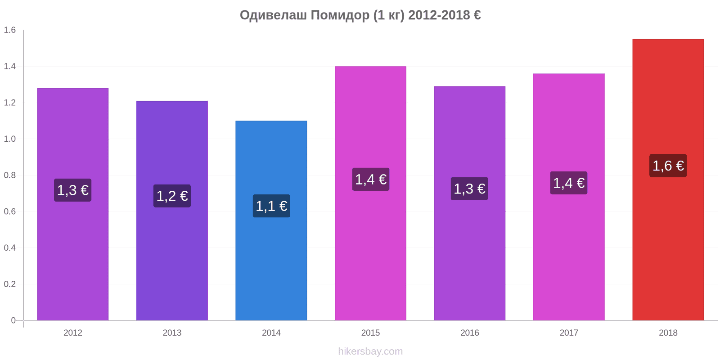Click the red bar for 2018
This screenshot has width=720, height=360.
(x=668, y=180)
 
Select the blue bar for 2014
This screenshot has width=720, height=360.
(x=271, y=220)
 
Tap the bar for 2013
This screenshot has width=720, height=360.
(x=172, y=211)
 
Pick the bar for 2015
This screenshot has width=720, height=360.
(x=370, y=193)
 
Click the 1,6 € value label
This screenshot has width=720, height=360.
(x=668, y=166)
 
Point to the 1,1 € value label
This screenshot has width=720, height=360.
(x=271, y=206)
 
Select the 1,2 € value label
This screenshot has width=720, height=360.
(x=172, y=196)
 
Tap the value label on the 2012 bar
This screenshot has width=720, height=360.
(x=72, y=190)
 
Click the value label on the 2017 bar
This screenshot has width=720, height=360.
(x=569, y=183)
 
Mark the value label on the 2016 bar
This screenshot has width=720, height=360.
(x=469, y=189)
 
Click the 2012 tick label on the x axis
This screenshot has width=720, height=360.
(x=72, y=333)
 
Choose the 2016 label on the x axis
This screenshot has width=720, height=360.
(x=469, y=333)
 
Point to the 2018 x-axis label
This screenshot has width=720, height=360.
(x=668, y=333)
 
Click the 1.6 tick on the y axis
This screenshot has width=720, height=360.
(x=9, y=30)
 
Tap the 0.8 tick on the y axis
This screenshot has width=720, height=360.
(x=9, y=175)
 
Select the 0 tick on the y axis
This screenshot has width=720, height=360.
(x=13, y=320)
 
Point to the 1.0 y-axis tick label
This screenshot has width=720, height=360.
(x=9, y=139)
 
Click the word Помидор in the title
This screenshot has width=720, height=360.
(x=340, y=15)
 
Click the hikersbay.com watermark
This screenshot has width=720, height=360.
(x=370, y=351)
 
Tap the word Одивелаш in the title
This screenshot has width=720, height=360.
(x=273, y=15)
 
